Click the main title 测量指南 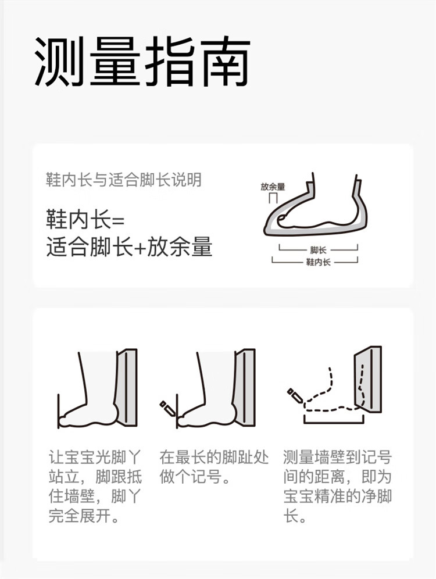click(x=142, y=62)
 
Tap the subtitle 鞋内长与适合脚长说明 click(x=124, y=180)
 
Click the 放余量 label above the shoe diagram click(x=273, y=187)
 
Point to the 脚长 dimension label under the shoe click(x=318, y=250)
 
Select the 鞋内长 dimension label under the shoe click(x=318, y=262)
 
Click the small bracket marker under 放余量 click(x=273, y=198)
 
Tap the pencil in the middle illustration click(x=167, y=408)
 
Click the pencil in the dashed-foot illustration click(x=295, y=395)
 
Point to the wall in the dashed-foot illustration click(x=368, y=379)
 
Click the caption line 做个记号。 click(x=195, y=476)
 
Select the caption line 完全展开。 click(x=84, y=516)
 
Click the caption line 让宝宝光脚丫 click(x=95, y=457)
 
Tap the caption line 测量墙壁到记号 click(x=337, y=457)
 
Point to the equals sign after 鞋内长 click(x=118, y=221)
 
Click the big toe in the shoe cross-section click(x=283, y=219)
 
